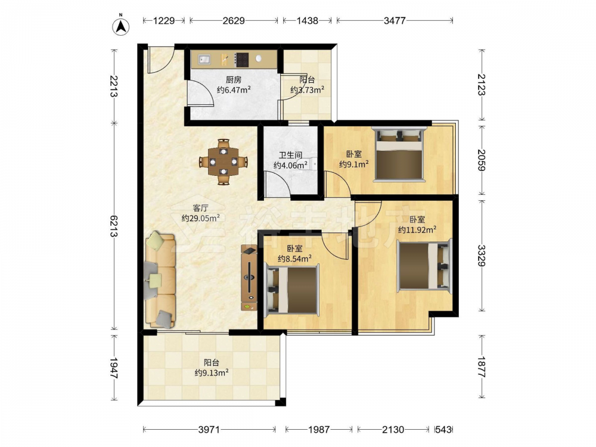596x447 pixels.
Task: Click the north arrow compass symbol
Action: click(x=121, y=26)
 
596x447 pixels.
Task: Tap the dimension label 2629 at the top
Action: click(x=234, y=20)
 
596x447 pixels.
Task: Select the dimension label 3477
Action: click(x=395, y=20)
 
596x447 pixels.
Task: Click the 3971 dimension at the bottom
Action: click(x=209, y=430)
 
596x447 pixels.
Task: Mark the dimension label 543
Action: click(x=443, y=430)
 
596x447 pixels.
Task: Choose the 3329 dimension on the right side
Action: click(x=482, y=256)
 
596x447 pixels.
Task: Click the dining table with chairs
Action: click(x=224, y=162)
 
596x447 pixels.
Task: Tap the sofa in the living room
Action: click(x=160, y=280)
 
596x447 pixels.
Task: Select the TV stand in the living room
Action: click(x=249, y=278)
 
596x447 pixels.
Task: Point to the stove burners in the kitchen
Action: click(x=242, y=59)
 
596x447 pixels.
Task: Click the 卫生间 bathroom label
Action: click(x=290, y=155)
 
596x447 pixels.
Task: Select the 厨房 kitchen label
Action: click(x=234, y=80)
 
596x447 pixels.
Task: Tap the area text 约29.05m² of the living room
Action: click(x=200, y=218)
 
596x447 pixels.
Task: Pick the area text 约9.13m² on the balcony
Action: click(x=212, y=373)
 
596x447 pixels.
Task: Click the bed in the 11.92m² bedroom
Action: click(x=424, y=266)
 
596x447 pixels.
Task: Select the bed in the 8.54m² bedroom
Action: click(x=292, y=291)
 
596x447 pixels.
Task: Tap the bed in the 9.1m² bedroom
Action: click(x=399, y=154)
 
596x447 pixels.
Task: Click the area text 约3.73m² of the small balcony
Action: click(x=307, y=90)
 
